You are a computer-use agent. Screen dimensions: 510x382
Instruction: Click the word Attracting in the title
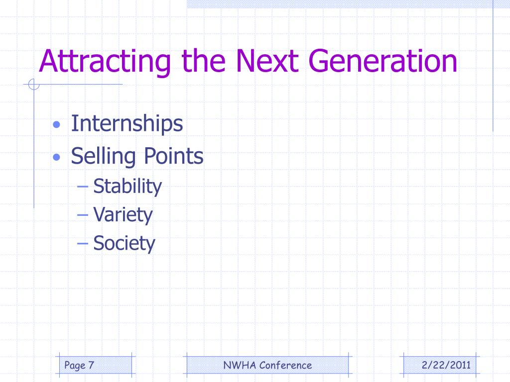[105, 62]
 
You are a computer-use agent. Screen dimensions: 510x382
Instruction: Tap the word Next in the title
[267, 61]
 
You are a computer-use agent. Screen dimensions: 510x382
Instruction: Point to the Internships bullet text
[127, 124]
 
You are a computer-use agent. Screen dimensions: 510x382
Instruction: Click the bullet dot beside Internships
[57, 124]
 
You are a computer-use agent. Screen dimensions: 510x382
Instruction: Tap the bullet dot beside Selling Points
[57, 158]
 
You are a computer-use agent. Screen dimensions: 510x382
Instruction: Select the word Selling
[104, 157]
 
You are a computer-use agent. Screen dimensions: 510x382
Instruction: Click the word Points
[174, 156]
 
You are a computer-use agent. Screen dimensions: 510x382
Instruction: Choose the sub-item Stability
[127, 187]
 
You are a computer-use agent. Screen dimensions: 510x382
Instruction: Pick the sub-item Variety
[123, 215]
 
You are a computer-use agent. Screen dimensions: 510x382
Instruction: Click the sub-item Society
[124, 244]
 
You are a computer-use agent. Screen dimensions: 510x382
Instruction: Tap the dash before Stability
[83, 187]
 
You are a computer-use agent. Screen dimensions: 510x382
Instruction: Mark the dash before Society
[83, 244]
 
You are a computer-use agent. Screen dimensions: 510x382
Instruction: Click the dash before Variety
[83, 215]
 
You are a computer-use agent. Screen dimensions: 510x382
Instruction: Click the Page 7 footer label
[79, 366]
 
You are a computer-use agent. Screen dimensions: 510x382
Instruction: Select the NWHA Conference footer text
[267, 365]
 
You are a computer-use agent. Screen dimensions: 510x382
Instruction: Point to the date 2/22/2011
[446, 365]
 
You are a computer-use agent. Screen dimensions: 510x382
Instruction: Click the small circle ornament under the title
[34, 85]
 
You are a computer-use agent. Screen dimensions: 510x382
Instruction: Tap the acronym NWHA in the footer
[240, 365]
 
